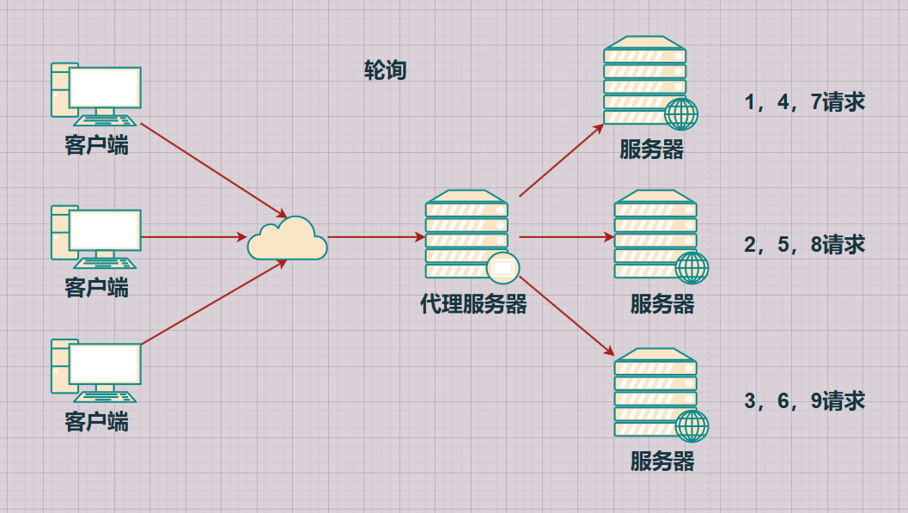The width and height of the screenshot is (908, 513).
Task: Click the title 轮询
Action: [385, 70]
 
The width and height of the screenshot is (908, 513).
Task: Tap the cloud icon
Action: [287, 239]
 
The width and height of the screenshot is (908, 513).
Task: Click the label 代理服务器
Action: [473, 304]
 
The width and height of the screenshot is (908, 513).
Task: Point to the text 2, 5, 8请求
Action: [804, 245]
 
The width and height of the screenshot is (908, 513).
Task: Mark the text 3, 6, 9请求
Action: [804, 401]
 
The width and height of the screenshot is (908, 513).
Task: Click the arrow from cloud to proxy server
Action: [375, 236]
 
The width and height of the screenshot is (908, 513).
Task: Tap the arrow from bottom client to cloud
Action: [213, 302]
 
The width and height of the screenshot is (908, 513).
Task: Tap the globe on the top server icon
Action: [681, 113]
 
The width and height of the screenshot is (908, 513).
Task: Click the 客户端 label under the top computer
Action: [96, 145]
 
